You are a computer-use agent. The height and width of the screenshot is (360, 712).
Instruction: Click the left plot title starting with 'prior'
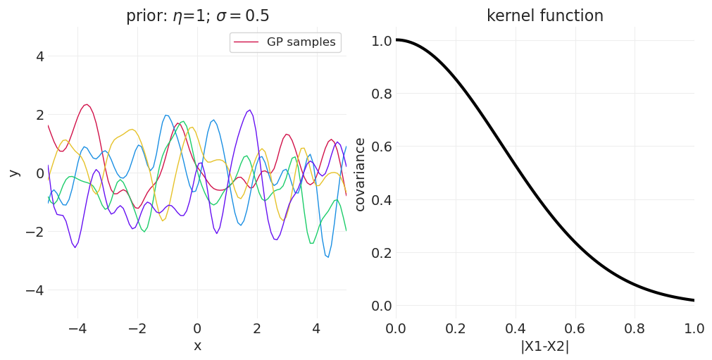point(197,16)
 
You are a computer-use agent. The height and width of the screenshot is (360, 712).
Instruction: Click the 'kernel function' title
point(544,16)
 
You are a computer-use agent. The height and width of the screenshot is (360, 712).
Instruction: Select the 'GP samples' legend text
point(301,42)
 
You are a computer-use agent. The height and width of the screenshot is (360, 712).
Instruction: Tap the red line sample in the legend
point(247,42)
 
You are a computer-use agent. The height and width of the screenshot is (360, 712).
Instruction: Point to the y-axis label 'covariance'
point(360,174)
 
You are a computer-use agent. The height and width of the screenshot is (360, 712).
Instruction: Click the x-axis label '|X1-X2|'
point(544,347)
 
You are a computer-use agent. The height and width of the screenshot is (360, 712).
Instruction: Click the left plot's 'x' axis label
point(197,346)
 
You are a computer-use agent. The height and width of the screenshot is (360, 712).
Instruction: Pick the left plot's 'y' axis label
point(14,173)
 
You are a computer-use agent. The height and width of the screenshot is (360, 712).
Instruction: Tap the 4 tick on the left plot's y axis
point(39,56)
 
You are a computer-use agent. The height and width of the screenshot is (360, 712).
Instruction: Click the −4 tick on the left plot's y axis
point(35,290)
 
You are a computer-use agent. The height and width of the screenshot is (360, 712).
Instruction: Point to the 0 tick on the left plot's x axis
point(197,328)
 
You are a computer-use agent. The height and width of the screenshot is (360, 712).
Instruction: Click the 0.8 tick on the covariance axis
point(380,94)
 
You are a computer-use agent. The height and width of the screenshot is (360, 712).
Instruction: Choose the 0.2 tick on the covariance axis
point(380,253)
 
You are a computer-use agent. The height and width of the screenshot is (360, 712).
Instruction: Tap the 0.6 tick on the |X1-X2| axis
point(575,328)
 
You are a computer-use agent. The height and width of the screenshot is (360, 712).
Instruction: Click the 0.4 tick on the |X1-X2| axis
point(515,328)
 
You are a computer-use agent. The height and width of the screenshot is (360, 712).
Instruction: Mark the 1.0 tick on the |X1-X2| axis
point(694,328)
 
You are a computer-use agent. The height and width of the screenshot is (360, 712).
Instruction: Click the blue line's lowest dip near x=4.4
point(327,257)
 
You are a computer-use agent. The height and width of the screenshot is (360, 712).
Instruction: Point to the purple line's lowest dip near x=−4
point(75,247)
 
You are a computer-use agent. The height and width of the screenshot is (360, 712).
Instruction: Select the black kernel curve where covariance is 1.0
point(396,39)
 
